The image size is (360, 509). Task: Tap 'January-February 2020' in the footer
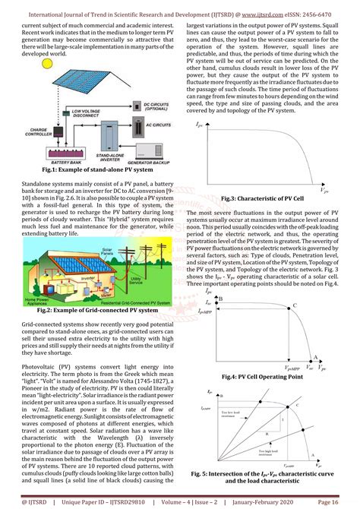(271, 501)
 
